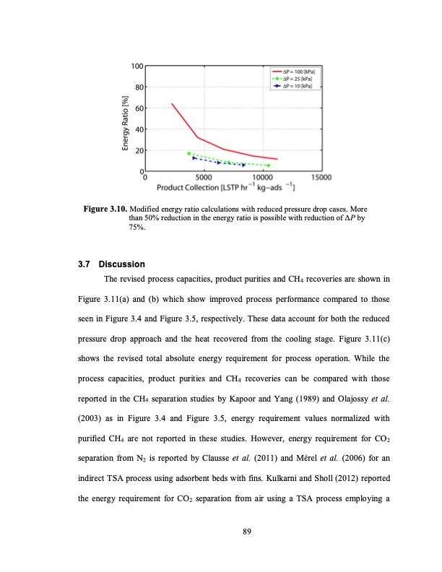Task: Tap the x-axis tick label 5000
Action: pyautogui.click(x=204, y=177)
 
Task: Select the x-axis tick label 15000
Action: pyautogui.click(x=320, y=177)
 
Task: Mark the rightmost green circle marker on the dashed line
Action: pyautogui.click(x=268, y=165)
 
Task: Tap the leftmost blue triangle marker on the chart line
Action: pyautogui.click(x=194, y=157)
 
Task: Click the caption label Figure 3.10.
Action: pyautogui.click(x=105, y=209)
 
